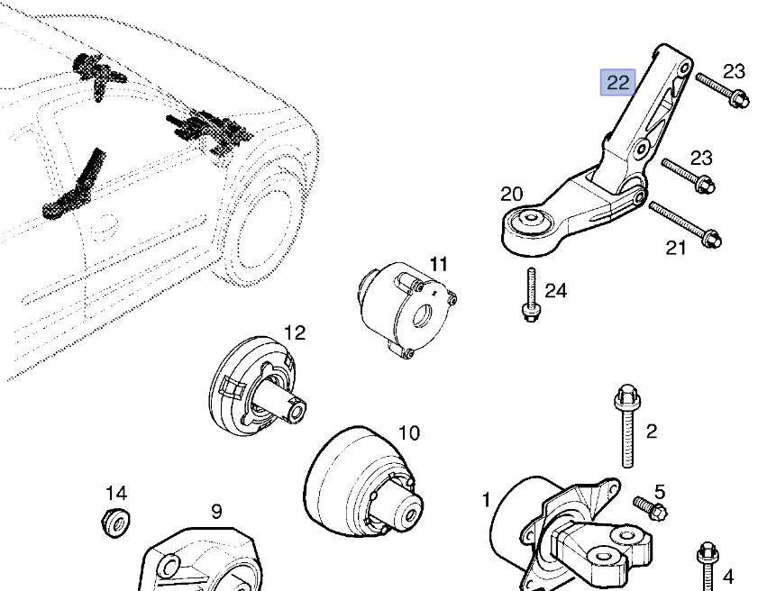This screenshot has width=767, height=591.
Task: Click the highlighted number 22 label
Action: [x=618, y=83]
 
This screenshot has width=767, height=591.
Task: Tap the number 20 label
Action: [x=511, y=194]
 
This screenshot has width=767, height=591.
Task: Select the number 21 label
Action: [x=676, y=248]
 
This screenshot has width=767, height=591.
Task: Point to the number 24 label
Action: [x=556, y=290]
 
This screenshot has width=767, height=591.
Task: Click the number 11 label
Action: [x=438, y=264]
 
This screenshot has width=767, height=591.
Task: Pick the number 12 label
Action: [x=295, y=332]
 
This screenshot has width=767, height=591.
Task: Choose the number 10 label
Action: [x=408, y=432]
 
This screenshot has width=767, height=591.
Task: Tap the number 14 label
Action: [x=116, y=493]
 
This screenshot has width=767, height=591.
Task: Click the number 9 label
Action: [x=216, y=511]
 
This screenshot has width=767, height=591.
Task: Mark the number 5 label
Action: [x=660, y=492]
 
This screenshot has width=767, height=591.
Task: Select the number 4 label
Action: [x=728, y=576]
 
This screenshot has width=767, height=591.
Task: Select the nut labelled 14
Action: [x=115, y=521]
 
